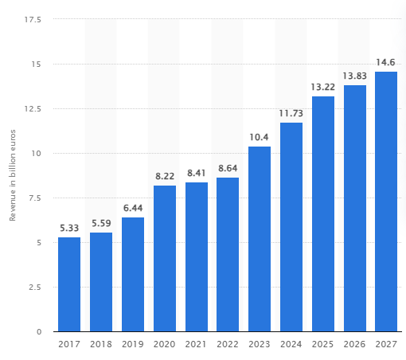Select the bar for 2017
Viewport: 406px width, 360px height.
(x=69, y=284)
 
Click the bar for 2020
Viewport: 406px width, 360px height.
(x=165, y=258)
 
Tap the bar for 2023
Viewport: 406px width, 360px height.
(x=260, y=239)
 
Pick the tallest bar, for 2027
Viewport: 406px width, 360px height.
(x=386, y=202)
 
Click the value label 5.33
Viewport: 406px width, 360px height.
(x=69, y=229)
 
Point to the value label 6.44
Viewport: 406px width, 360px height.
(x=133, y=209)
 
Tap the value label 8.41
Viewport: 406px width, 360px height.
(x=197, y=174)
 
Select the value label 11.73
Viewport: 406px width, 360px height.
(x=291, y=114)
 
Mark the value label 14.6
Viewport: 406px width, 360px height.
(x=386, y=63)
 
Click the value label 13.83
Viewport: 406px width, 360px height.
(x=354, y=76)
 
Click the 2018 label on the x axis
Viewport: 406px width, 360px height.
(x=101, y=345)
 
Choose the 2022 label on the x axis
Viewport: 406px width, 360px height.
(x=228, y=345)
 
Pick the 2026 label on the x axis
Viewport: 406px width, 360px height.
(x=354, y=345)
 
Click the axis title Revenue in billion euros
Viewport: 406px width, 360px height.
(x=13, y=174)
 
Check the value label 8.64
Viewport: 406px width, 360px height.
(x=228, y=169)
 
